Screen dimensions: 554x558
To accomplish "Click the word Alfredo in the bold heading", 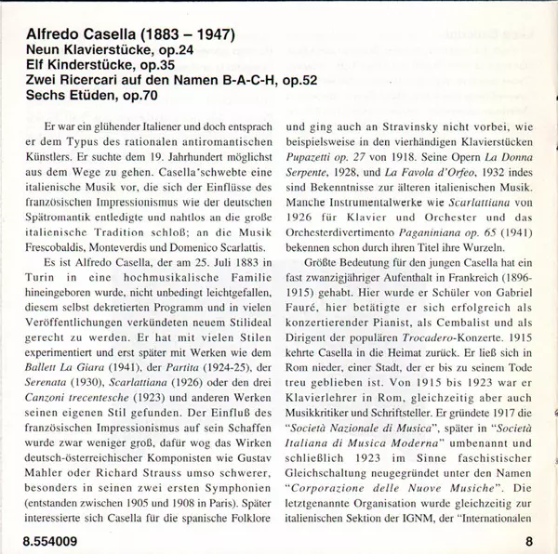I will pos(49,36).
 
